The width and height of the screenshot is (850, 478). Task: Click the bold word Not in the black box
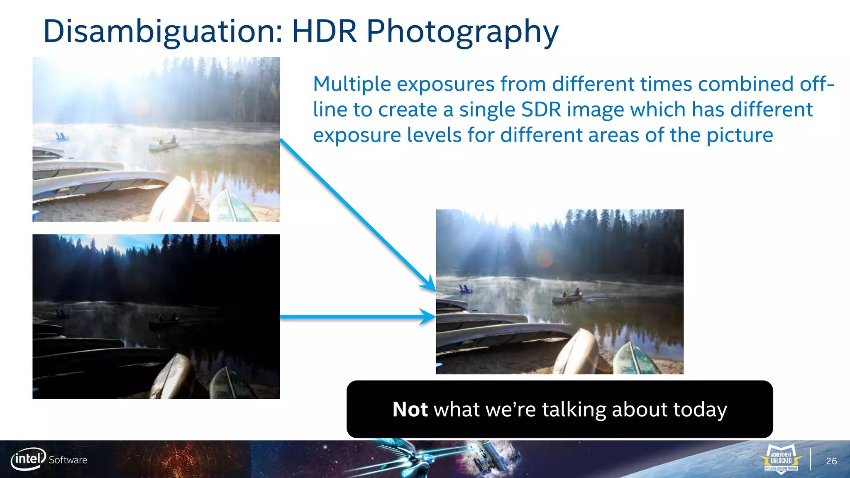click(x=410, y=410)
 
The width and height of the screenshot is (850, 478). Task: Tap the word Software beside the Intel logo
click(x=68, y=460)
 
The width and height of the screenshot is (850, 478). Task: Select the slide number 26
click(x=831, y=461)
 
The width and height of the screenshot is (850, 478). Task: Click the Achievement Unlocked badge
click(x=781, y=458)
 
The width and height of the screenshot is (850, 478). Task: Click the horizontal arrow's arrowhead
click(x=428, y=317)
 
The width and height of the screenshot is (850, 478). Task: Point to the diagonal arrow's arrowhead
click(x=430, y=285)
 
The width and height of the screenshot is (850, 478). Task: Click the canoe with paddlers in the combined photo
click(x=568, y=296)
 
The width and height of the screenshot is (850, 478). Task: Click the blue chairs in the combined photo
click(x=465, y=289)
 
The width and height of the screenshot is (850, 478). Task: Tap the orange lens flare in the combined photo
click(x=545, y=259)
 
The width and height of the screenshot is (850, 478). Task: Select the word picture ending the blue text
click(x=740, y=135)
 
